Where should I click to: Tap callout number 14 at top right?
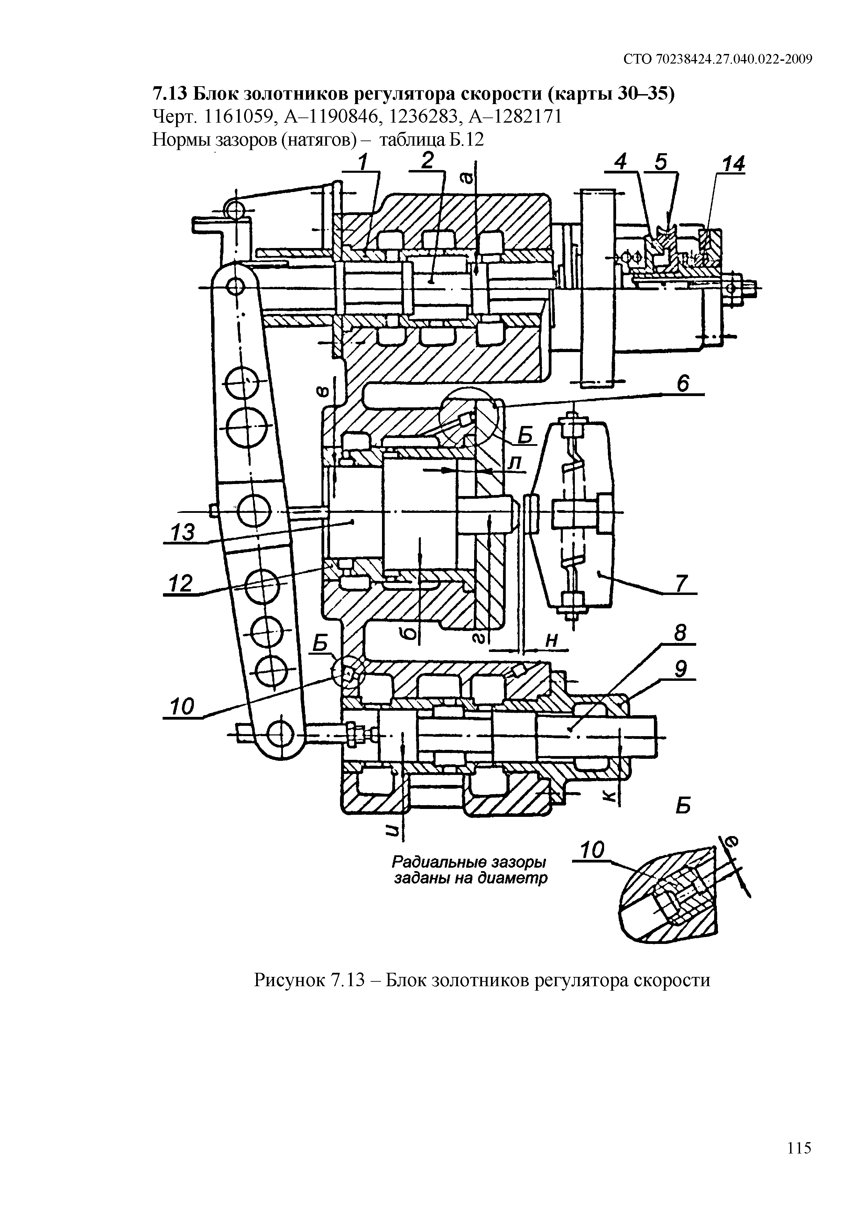[733, 164]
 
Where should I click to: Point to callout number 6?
[682, 384]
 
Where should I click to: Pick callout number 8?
[681, 634]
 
